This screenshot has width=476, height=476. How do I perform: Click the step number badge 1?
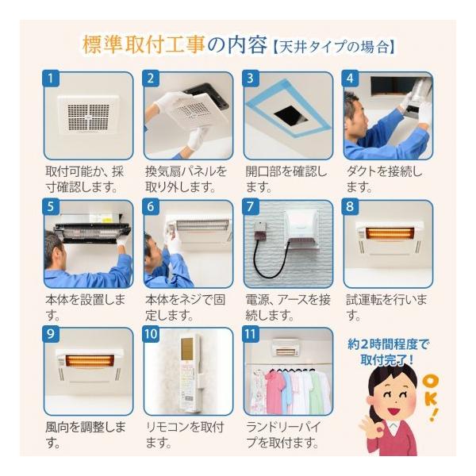pyautogui.click(x=51, y=79)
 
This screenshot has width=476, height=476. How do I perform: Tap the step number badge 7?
pyautogui.click(x=251, y=206)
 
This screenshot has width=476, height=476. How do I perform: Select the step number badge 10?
pyautogui.click(x=151, y=334)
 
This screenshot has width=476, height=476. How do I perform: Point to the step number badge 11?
pyautogui.click(x=251, y=334)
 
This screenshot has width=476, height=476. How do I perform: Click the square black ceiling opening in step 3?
pyautogui.click(x=290, y=115)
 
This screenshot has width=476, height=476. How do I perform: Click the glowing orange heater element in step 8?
pyautogui.click(x=390, y=233)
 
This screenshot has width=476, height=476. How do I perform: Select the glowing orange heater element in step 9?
pyautogui.click(x=90, y=361)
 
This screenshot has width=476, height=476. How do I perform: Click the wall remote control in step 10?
pyautogui.click(x=190, y=373)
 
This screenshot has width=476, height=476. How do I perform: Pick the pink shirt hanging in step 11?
pyautogui.click(x=274, y=392)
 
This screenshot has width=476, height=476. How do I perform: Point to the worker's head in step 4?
pyautogui.click(x=355, y=113)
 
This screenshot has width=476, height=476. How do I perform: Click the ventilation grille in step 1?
pyautogui.click(x=88, y=117)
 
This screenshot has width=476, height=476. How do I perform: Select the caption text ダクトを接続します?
pyautogui.click(x=384, y=179)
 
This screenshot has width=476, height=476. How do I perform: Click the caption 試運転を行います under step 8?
pyautogui.click(x=386, y=307)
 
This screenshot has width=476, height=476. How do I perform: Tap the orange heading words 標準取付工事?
pyautogui.click(x=144, y=44)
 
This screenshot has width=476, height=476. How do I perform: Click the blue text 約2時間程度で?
pyautogui.click(x=388, y=344)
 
